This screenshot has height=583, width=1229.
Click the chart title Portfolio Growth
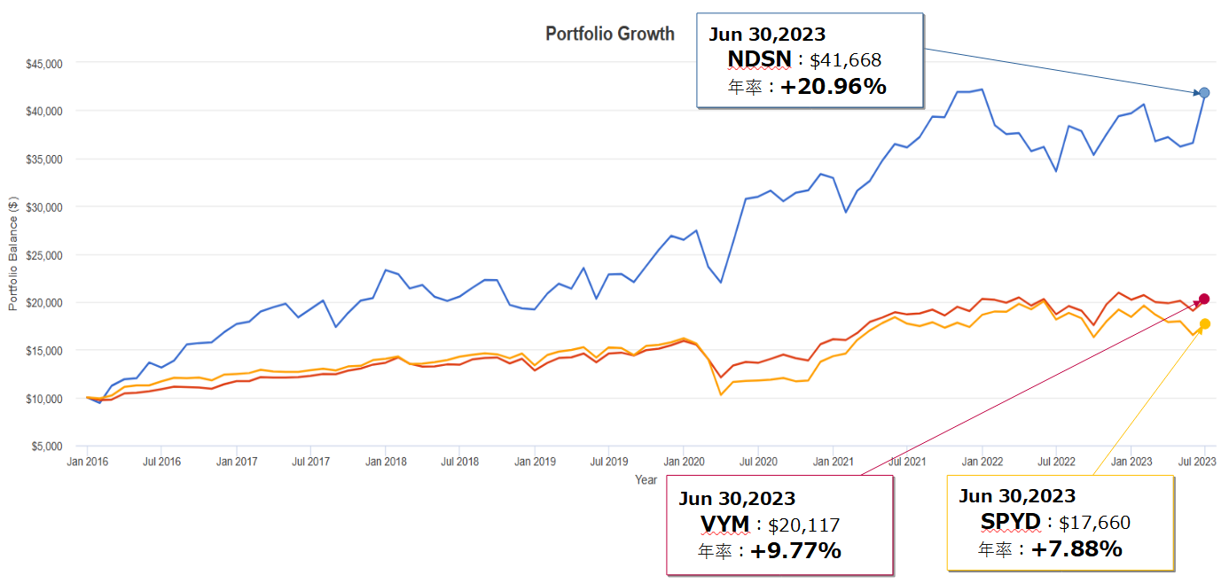609,35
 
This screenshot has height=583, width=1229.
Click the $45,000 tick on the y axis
44,64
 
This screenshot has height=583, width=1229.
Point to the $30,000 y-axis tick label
44,207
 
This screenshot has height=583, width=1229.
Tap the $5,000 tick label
47,447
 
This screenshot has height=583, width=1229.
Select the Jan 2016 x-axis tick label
87,462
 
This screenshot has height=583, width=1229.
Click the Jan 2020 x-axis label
684,462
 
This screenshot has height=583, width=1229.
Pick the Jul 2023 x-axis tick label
1197,462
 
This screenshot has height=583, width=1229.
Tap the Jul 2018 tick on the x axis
460,462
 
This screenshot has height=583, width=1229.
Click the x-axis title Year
646,479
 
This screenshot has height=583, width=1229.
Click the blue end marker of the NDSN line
1204,93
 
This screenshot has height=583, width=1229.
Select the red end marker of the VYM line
1204,299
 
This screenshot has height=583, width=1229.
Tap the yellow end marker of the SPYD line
1204,324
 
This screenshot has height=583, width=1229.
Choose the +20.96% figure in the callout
834,86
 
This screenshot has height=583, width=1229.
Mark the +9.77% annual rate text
795,551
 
